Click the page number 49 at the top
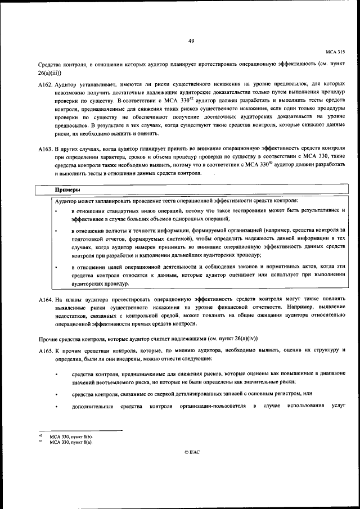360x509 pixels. [191, 40]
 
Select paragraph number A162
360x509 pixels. [44, 84]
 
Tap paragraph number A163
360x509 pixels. [44, 149]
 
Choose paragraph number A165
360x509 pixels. [44, 350]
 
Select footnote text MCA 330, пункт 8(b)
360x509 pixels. [71, 436]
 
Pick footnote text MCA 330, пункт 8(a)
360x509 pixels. [71, 442]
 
